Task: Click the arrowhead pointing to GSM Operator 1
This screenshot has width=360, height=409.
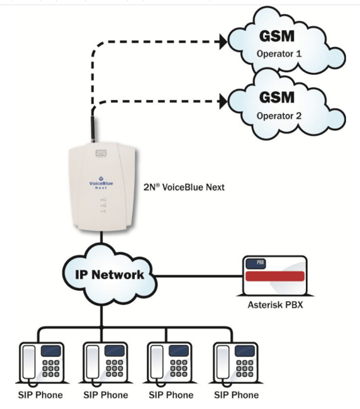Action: pyautogui.click(x=223, y=42)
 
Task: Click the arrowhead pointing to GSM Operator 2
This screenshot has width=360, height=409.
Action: pyautogui.click(x=223, y=101)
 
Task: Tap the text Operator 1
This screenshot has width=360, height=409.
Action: pyautogui.click(x=279, y=53)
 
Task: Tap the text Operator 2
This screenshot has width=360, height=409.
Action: pyautogui.click(x=279, y=116)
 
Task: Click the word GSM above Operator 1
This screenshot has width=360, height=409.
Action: pyautogui.click(x=277, y=36)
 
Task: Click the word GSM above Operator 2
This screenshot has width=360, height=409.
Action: pyautogui.click(x=277, y=98)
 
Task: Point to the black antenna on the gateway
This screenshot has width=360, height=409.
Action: pyautogui.click(x=93, y=128)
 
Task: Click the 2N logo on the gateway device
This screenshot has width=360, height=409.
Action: pyautogui.click(x=101, y=153)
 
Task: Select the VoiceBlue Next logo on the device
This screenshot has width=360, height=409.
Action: pyautogui.click(x=101, y=183)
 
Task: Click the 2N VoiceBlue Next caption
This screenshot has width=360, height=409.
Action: pyautogui.click(x=184, y=187)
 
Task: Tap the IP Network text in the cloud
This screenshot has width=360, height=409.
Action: pyautogui.click(x=110, y=275)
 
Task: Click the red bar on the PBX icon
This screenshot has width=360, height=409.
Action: pyautogui.click(x=275, y=276)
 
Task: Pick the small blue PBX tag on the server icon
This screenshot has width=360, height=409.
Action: pyautogui.click(x=256, y=263)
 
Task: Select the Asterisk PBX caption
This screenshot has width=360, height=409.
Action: pyautogui.click(x=275, y=305)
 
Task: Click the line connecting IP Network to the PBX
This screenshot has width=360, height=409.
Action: pyautogui.click(x=198, y=276)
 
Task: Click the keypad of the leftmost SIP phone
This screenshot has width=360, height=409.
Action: pyautogui.click(x=51, y=368)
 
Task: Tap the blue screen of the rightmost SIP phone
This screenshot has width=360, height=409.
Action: pyautogui.click(x=245, y=350)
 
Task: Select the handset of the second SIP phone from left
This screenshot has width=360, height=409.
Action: pyautogui.click(x=93, y=362)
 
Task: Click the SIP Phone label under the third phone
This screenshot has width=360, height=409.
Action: pyautogui.click(x=171, y=395)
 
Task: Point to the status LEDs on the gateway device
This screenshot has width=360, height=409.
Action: pyautogui.click(x=103, y=206)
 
